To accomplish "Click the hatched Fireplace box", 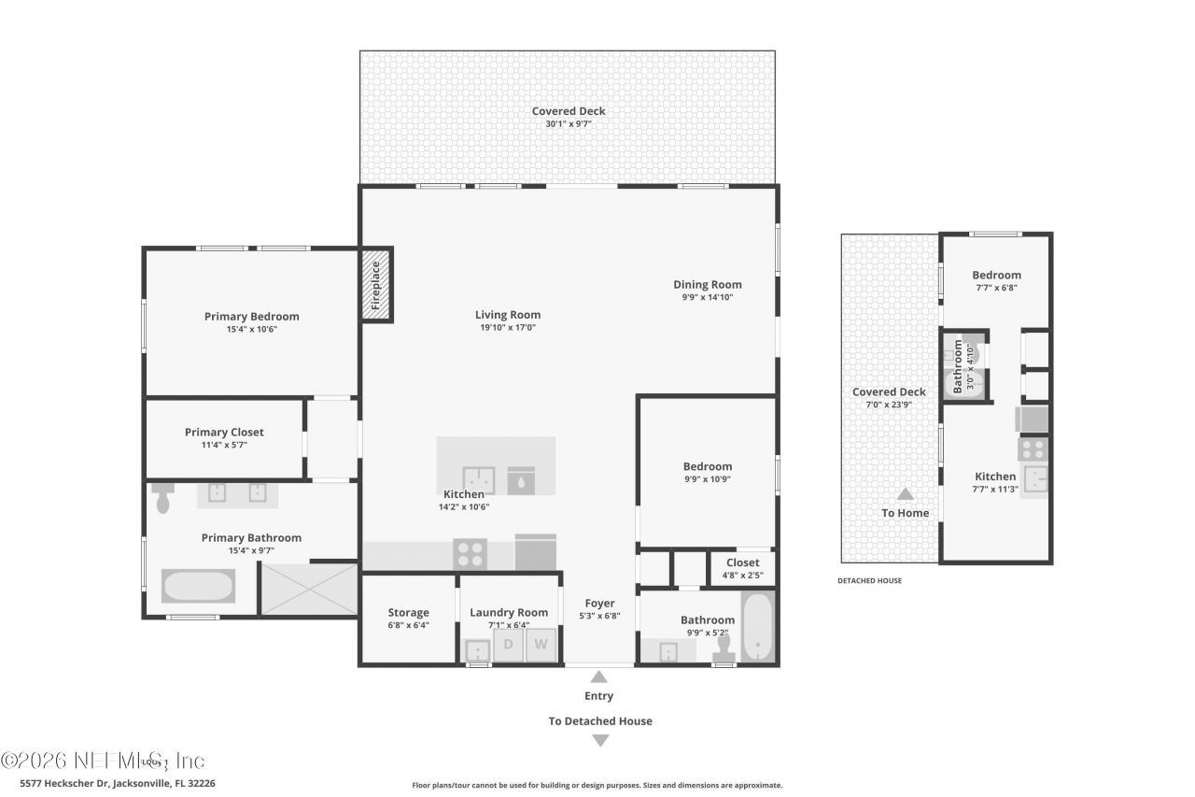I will pyautogui.click(x=376, y=285).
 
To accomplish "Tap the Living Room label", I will pyautogui.click(x=507, y=315).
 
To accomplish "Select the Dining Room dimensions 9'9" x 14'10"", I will pyautogui.click(x=707, y=298).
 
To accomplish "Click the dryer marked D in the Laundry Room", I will pyautogui.click(x=509, y=645).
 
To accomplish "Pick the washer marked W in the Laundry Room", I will pyautogui.click(x=541, y=645).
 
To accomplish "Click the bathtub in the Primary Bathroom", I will pyautogui.click(x=198, y=587).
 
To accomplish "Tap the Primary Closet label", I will pyautogui.click(x=224, y=433).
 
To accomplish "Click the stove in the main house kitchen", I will pyautogui.click(x=469, y=553).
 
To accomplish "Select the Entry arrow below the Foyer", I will pyautogui.click(x=599, y=676).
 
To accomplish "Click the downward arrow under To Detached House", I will pyautogui.click(x=600, y=741).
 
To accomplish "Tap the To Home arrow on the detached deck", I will pyautogui.click(x=905, y=494).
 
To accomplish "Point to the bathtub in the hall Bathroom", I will pyautogui.click(x=758, y=627).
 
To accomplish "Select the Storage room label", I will pyautogui.click(x=408, y=613).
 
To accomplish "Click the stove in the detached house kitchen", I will pyautogui.click(x=1032, y=449).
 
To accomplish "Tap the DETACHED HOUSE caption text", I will pyautogui.click(x=869, y=580).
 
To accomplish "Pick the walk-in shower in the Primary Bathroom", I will pyautogui.click(x=308, y=590).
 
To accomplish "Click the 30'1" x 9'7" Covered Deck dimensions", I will pyautogui.click(x=569, y=123).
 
